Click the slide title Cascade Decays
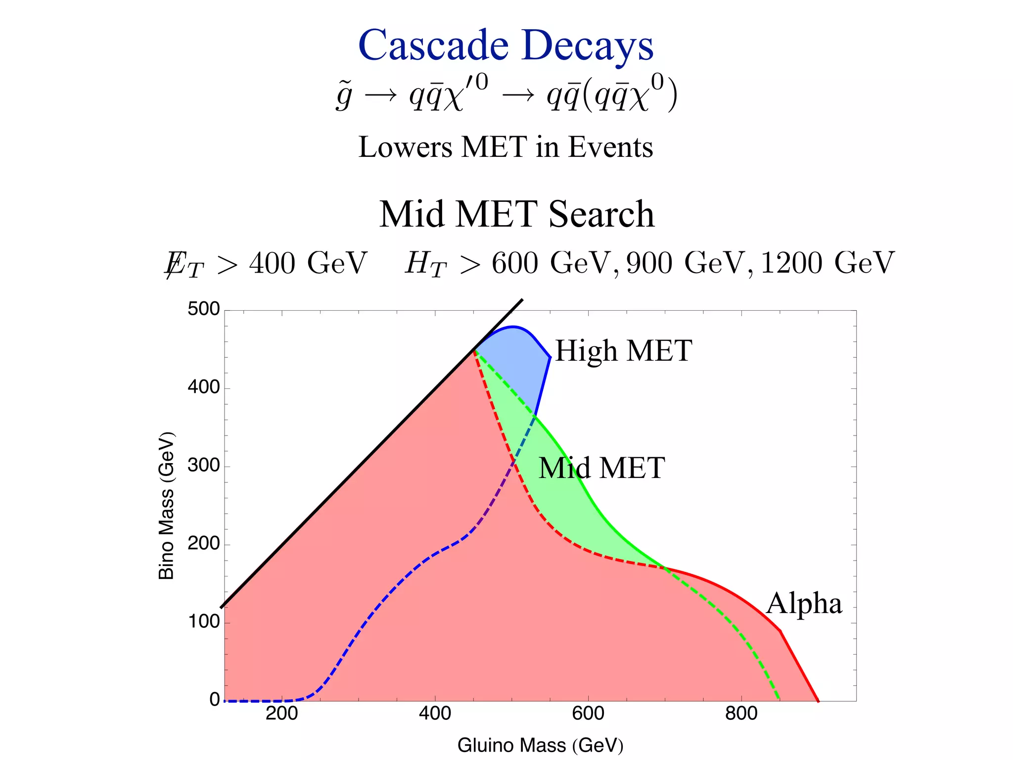506,46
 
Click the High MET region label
623,351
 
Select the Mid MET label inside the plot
601,468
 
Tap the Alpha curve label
804,604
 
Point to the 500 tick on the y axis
203,309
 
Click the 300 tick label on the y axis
203,466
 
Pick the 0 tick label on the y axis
214,700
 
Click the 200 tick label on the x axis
281,714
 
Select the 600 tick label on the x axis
588,714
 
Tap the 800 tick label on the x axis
741,714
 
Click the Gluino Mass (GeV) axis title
540,745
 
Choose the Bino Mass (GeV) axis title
167,505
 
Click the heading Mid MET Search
517,214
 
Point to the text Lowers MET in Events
506,147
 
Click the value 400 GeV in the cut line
308,263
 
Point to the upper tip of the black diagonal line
521,300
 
